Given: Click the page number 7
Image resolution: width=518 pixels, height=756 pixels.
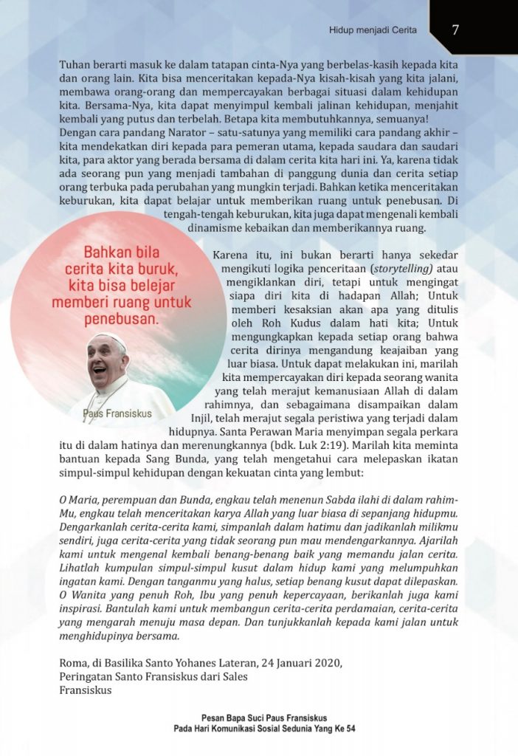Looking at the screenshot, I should point(456,30).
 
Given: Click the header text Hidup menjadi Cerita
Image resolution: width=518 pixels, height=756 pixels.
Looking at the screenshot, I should point(373,30).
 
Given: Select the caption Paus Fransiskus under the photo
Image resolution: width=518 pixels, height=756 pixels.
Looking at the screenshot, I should point(117,413).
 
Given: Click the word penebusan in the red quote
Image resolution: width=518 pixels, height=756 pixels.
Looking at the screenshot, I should point(122,320).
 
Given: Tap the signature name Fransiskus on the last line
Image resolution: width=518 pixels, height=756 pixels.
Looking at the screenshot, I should point(86,690).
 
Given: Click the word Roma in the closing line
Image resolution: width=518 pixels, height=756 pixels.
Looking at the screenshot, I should point(73,661).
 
